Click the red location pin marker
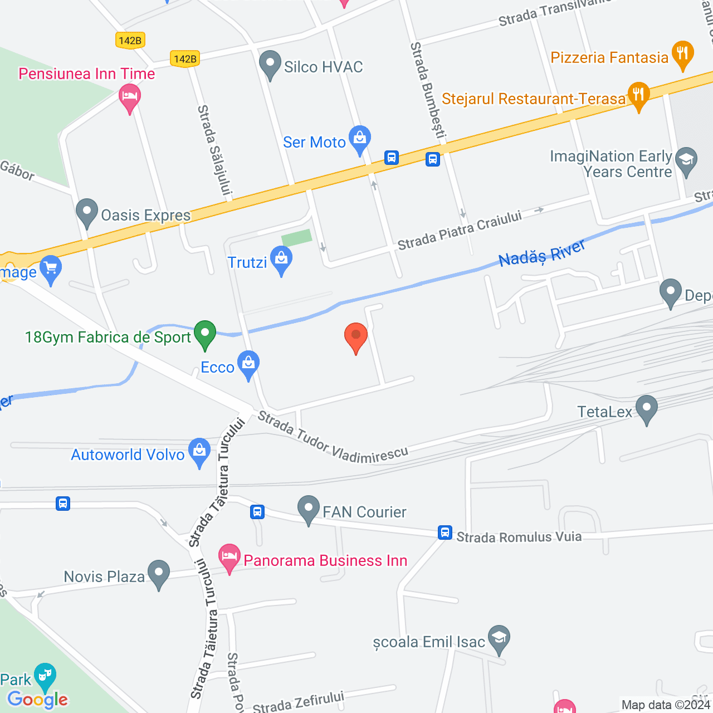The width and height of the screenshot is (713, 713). pos(356,337)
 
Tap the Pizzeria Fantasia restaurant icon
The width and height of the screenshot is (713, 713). pos(682,55)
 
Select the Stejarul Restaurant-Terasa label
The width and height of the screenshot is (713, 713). pos(533,99)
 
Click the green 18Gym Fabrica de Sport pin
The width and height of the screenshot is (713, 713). pos(205,335)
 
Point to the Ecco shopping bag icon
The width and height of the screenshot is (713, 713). pos(248,365)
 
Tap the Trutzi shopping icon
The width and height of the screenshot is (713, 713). pos(281,260)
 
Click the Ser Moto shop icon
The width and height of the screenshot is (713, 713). pos(360,139)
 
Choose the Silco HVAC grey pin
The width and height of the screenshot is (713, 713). pos(270,65)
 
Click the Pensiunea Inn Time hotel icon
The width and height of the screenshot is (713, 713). pos(130,97)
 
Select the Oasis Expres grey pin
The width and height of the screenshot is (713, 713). pos(87,213)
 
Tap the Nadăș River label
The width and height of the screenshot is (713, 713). pos(541,253)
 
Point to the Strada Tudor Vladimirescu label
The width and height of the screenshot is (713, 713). pos(333,438)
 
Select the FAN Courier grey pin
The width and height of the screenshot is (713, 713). pos(308,509)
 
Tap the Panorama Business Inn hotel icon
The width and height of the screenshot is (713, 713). pos(229,558)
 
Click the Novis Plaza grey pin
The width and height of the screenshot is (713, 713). pos(159,574)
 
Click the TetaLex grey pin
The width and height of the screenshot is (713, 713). pos(647,409)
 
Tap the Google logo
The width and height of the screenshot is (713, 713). pos(38,700)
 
